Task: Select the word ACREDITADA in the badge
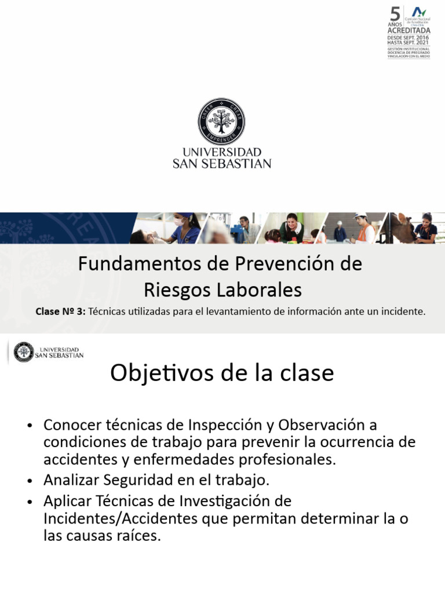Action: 409,30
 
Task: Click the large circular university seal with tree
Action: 222,121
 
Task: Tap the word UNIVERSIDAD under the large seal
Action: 222,152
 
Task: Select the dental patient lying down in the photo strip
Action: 142,236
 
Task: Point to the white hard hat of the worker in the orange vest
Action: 360,215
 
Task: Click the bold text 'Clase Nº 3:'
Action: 60,312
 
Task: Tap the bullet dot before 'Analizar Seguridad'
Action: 30,481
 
